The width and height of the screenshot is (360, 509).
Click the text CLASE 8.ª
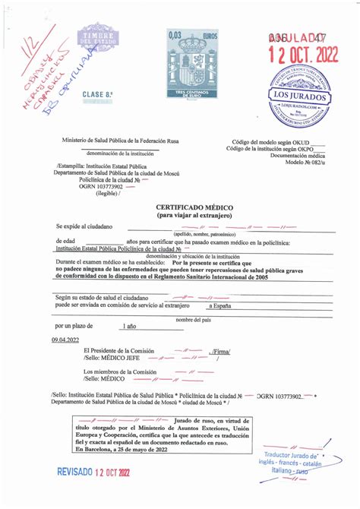click(97, 93)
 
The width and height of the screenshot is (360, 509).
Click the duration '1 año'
click(130, 326)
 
